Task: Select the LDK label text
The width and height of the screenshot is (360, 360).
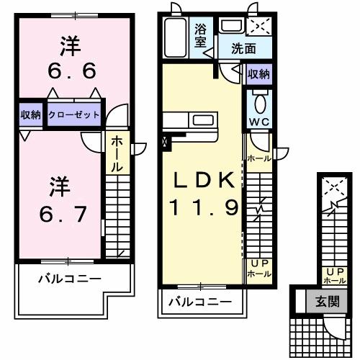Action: click(201, 181)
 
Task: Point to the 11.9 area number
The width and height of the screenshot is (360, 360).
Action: click(203, 208)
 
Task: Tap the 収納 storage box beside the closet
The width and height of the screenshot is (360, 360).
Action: click(30, 114)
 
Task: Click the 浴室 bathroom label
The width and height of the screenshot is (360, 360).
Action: click(201, 36)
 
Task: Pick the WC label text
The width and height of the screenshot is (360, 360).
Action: click(258, 121)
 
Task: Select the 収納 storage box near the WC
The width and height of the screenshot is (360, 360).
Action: click(258, 74)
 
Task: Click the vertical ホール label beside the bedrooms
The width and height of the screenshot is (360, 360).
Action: click(115, 154)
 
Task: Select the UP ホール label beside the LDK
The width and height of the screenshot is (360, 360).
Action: click(258, 269)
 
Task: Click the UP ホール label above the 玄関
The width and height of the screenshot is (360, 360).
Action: click(335, 274)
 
